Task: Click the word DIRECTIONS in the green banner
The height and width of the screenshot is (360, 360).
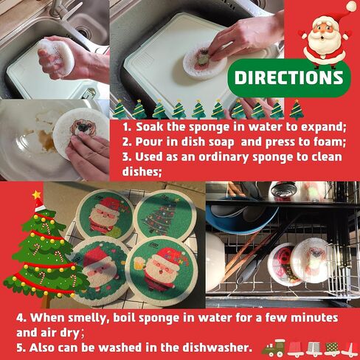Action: [x=288, y=77]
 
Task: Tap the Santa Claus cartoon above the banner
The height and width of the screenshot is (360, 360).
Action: [x=325, y=39]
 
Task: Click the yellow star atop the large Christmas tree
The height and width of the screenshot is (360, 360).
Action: [x=37, y=195]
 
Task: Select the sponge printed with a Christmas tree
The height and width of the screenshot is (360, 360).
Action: [x=165, y=216]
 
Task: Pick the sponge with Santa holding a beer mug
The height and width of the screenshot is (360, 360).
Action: [x=162, y=271]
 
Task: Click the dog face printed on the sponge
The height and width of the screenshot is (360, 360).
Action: [x=80, y=127]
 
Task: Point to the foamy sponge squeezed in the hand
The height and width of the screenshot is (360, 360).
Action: [x=55, y=57]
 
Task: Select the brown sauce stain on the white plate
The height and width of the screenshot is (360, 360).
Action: [x=46, y=140]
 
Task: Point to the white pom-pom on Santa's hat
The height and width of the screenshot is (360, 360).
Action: [x=352, y=6]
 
